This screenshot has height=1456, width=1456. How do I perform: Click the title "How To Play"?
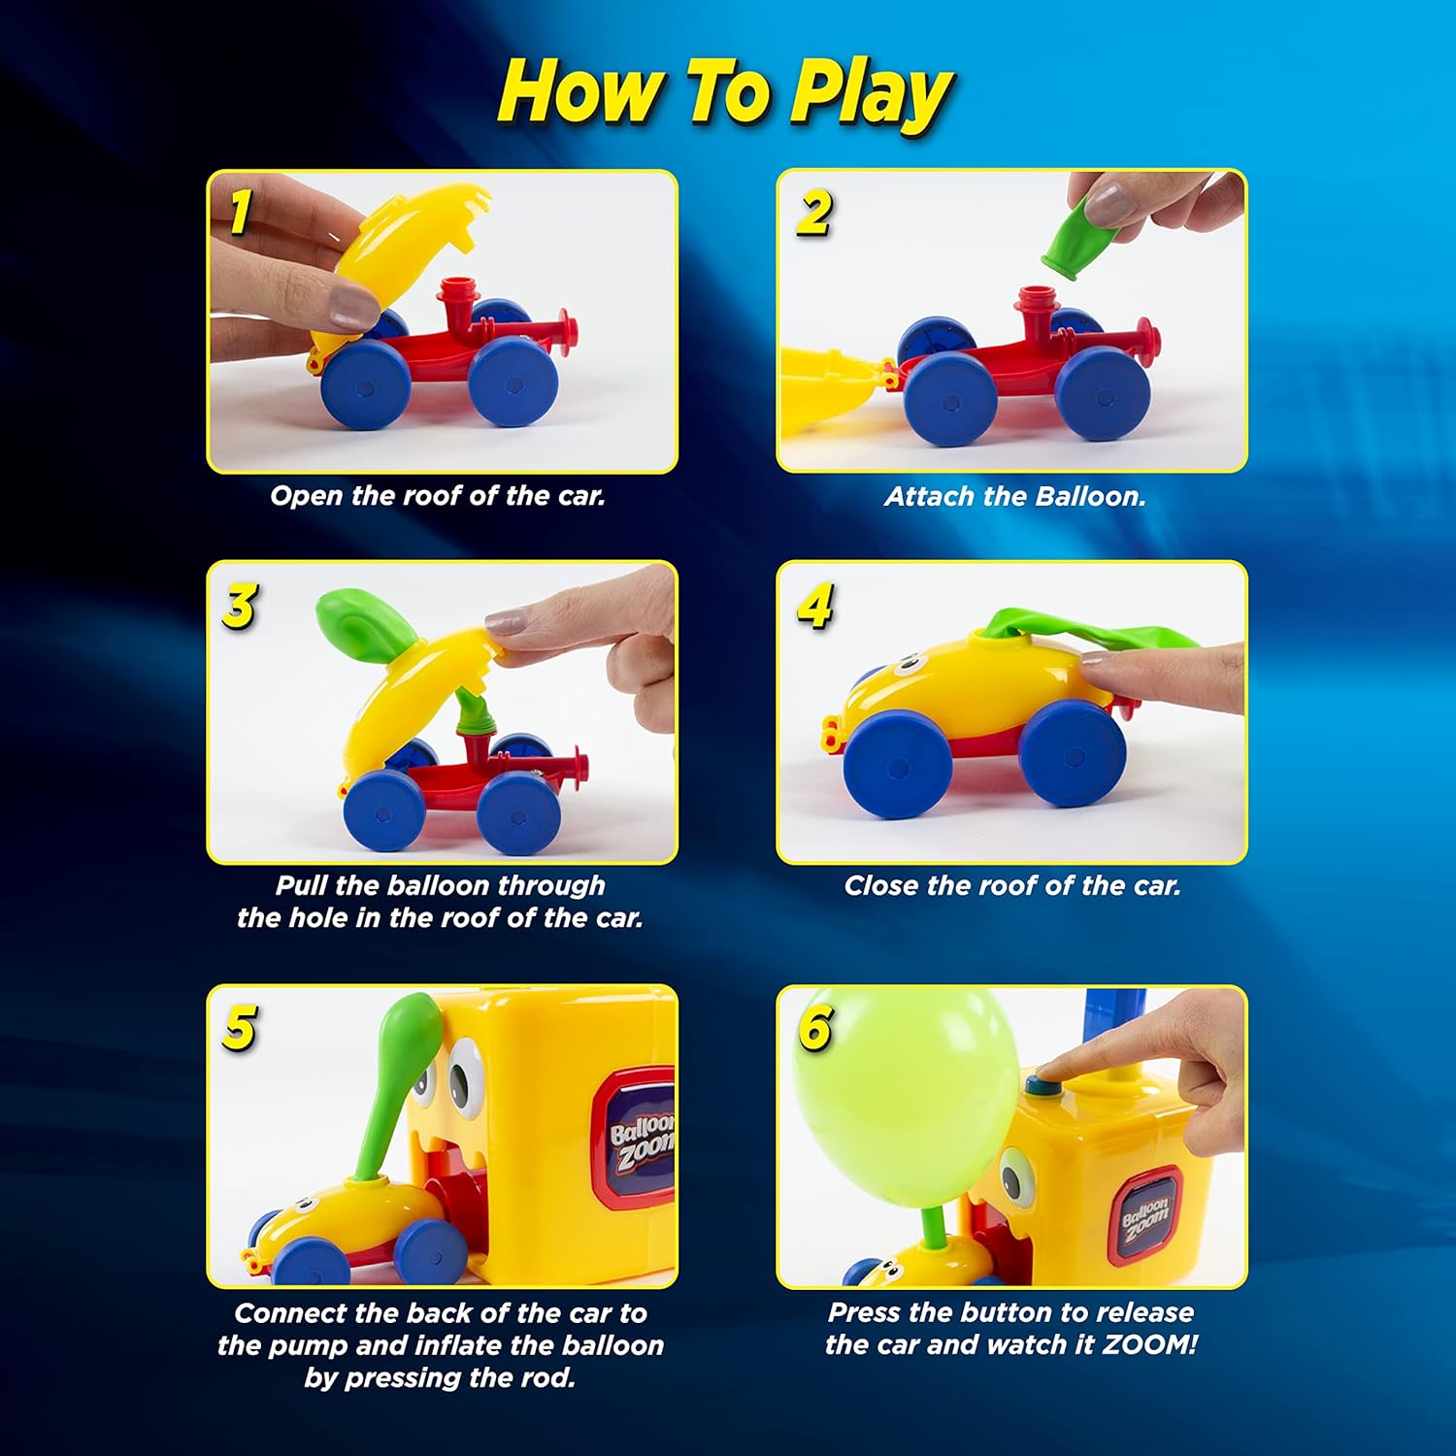point(726,93)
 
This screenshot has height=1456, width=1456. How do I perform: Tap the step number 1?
point(240,212)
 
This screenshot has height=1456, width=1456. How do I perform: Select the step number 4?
point(814,607)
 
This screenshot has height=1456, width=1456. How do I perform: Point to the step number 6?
point(814,1029)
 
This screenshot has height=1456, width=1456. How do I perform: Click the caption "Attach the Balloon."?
point(1014,497)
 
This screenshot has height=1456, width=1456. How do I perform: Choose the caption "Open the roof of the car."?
point(438,496)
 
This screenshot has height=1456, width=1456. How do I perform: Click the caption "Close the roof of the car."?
point(1012,885)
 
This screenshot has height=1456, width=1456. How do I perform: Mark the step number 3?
point(240,607)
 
